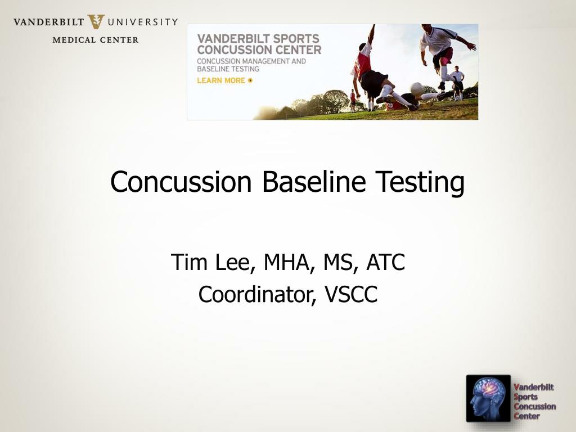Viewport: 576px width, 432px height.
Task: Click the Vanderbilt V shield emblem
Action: click(x=96, y=22)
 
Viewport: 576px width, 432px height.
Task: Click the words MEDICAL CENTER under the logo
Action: click(x=96, y=40)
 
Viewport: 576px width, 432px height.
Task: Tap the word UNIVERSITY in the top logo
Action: click(x=143, y=22)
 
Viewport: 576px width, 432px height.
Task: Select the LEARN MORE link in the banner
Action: click(x=224, y=80)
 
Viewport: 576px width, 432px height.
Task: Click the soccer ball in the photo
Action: click(x=417, y=88)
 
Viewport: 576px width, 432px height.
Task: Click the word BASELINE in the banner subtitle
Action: click(x=210, y=69)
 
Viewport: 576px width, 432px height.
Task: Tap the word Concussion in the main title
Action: click(x=181, y=182)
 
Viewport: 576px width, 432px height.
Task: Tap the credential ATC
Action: click(x=385, y=262)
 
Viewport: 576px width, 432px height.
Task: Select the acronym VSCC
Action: click(x=351, y=294)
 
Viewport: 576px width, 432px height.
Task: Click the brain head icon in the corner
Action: click(x=488, y=398)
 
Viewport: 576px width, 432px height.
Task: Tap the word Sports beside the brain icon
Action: click(x=526, y=397)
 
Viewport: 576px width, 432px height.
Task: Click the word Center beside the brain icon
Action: click(x=526, y=416)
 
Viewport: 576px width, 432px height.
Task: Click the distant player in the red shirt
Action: click(x=353, y=100)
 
